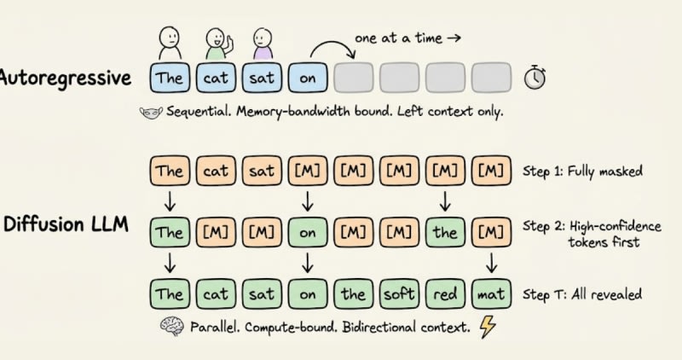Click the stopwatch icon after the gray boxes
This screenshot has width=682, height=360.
[x=535, y=78]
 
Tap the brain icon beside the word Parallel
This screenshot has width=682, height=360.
[x=171, y=326]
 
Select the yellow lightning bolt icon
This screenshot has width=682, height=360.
[x=488, y=327]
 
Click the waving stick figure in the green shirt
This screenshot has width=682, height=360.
[x=218, y=44]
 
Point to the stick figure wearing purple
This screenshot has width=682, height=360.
[x=263, y=44]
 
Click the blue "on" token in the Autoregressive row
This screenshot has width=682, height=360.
[x=308, y=78]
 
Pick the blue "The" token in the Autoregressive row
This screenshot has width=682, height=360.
[x=170, y=78]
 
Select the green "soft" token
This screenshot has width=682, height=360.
[x=399, y=294]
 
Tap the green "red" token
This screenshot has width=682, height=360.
[x=445, y=294]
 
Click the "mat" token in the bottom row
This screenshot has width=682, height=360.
[x=491, y=294]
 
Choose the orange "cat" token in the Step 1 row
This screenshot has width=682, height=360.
[x=216, y=171]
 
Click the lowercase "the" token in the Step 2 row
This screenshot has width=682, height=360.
[x=445, y=232]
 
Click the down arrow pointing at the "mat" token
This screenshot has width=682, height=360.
[x=491, y=264]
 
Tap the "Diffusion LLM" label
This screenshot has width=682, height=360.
[x=66, y=224]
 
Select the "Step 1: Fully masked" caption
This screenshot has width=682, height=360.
[x=582, y=171]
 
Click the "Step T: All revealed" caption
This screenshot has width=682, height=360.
[x=582, y=294]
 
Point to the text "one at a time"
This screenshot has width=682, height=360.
[x=398, y=38]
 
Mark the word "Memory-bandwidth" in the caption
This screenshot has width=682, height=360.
[x=292, y=112]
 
